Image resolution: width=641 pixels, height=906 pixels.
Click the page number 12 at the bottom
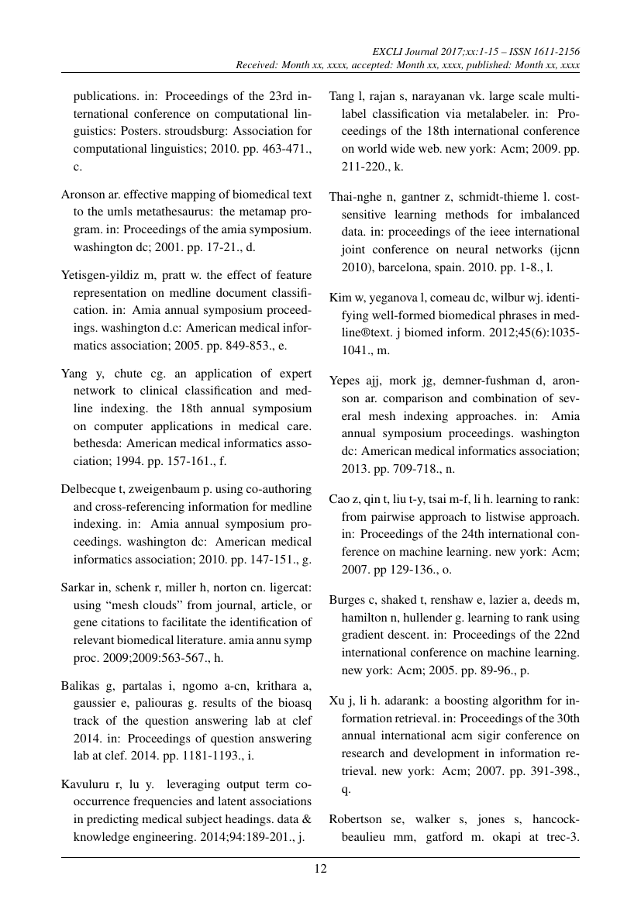[320, 869]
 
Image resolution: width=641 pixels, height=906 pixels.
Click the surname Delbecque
[89, 488]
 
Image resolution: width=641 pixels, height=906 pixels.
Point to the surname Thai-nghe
[357, 196]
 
